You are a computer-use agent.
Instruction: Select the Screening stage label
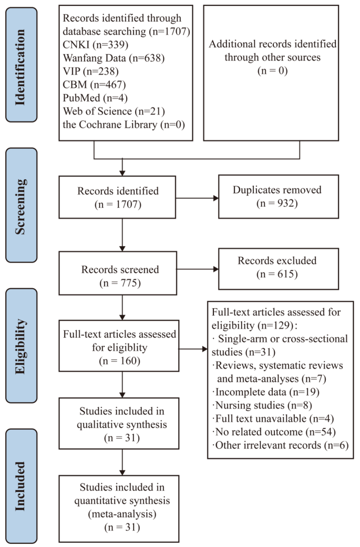pos(19,205)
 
